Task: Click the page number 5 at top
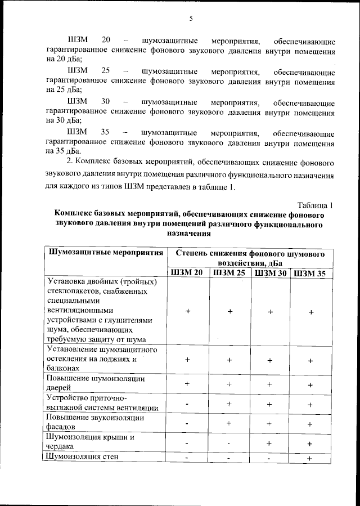point(191,19)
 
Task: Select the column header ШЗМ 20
point(187,273)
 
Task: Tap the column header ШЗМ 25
point(229,273)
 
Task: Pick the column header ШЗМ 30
point(271,273)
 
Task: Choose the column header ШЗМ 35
point(310,273)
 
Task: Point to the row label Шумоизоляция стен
point(83,457)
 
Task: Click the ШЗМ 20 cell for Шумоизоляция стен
point(187,458)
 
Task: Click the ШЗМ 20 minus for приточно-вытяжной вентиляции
point(187,404)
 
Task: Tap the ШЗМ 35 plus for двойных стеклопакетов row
point(310,312)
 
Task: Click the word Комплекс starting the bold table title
point(78,215)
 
